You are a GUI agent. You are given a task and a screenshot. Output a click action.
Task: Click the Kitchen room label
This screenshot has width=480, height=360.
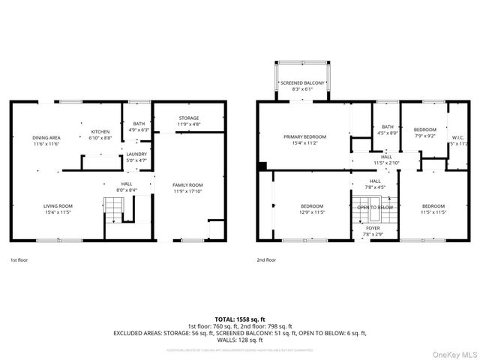tap(100, 134)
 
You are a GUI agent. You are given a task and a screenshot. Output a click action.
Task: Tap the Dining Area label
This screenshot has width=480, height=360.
tap(46, 140)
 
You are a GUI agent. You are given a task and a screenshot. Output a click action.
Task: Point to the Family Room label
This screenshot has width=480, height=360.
tap(187, 188)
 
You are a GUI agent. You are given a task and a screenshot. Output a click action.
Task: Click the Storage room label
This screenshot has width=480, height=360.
tap(188, 121)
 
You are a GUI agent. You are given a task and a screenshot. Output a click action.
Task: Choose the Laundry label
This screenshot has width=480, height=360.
tap(136, 157)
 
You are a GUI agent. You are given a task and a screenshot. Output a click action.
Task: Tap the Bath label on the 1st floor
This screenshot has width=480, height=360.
tap(139, 127)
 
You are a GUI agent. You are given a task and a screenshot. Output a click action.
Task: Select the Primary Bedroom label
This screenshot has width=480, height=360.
tap(303, 139)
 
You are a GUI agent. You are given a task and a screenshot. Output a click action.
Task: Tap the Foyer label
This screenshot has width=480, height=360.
tap(373, 230)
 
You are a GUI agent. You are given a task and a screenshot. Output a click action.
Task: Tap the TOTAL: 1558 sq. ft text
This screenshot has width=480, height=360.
tap(240, 319)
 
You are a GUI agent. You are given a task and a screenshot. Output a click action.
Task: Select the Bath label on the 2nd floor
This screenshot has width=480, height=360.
tap(388, 130)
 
